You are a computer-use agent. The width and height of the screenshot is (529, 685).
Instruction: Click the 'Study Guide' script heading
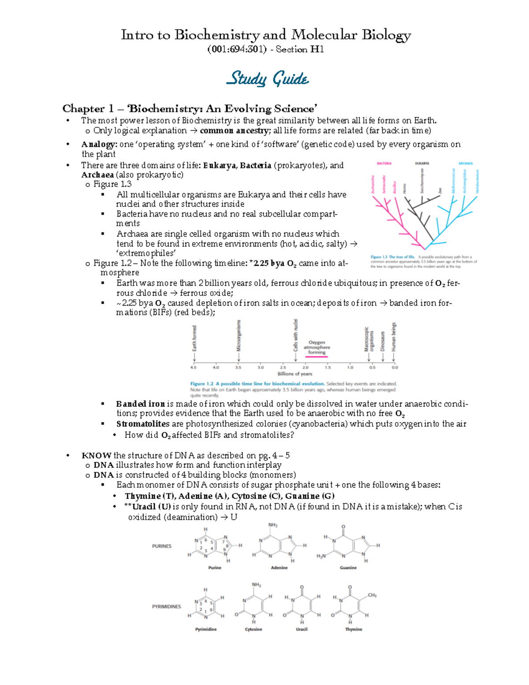click(267, 79)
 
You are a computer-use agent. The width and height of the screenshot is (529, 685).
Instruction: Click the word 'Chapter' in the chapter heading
click(83, 109)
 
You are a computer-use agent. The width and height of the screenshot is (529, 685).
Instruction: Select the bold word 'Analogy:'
click(99, 144)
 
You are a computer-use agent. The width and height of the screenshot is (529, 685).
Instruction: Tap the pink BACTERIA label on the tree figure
click(384, 163)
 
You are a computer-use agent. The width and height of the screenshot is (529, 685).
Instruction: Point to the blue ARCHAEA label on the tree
click(466, 163)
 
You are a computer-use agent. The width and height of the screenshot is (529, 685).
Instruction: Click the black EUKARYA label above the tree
click(422, 163)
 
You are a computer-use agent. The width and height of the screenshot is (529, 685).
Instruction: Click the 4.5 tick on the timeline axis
click(193, 367)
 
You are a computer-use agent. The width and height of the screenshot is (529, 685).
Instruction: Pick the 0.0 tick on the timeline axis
click(395, 367)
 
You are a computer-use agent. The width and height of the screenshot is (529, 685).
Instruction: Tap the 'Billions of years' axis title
click(294, 374)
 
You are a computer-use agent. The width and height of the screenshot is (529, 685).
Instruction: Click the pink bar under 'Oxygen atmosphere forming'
click(317, 356)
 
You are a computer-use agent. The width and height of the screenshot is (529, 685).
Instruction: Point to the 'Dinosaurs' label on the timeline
click(383, 341)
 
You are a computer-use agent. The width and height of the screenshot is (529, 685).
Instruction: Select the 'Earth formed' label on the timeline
click(194, 338)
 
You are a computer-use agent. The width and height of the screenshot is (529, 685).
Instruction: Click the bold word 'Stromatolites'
click(142, 424)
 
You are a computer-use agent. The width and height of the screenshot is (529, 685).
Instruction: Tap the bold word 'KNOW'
click(97, 456)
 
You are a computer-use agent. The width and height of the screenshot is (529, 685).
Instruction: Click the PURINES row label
click(162, 546)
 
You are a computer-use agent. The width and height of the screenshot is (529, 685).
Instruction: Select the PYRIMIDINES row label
click(166, 606)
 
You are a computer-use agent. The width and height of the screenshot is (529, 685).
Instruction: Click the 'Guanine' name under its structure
click(348, 568)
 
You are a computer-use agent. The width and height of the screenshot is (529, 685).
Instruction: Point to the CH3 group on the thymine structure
click(372, 595)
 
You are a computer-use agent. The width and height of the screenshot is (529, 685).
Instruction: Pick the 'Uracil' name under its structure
click(302, 629)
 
